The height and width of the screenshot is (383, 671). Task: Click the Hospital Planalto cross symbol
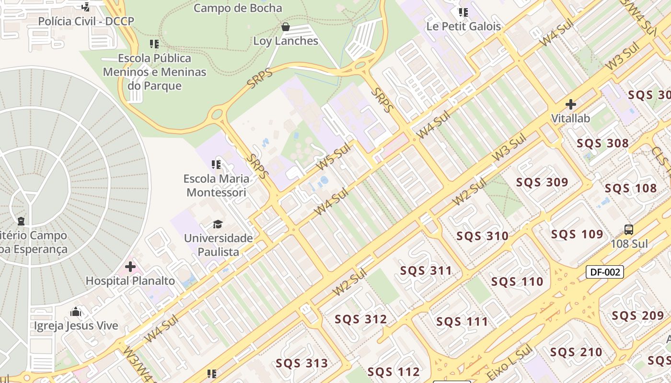tap(130, 267)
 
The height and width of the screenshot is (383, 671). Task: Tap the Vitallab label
tap(570, 118)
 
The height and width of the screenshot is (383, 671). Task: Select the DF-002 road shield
tap(605, 272)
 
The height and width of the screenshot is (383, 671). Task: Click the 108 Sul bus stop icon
tap(629, 230)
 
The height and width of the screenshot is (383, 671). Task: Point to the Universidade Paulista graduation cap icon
tap(218, 224)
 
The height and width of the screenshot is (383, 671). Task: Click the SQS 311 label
tap(426, 271)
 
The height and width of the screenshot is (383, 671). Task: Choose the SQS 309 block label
tap(542, 182)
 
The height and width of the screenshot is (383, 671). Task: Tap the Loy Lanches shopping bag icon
tap(286, 27)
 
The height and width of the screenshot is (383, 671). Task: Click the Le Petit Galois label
tap(463, 26)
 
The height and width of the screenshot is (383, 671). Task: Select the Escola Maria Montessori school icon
tap(216, 165)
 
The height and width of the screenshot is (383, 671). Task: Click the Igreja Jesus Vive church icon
tap(76, 312)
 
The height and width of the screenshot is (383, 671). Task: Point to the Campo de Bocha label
tap(238, 8)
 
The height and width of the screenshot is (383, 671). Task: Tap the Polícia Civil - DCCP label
tap(86, 21)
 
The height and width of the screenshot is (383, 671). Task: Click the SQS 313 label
tap(302, 363)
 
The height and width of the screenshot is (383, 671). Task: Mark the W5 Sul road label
tap(334, 156)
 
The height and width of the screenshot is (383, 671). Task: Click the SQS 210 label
tap(576, 352)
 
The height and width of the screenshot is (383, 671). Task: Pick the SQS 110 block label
tap(517, 282)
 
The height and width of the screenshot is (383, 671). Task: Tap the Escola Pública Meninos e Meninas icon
tap(154, 45)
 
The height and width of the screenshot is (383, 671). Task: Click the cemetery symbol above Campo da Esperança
tap(21, 221)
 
